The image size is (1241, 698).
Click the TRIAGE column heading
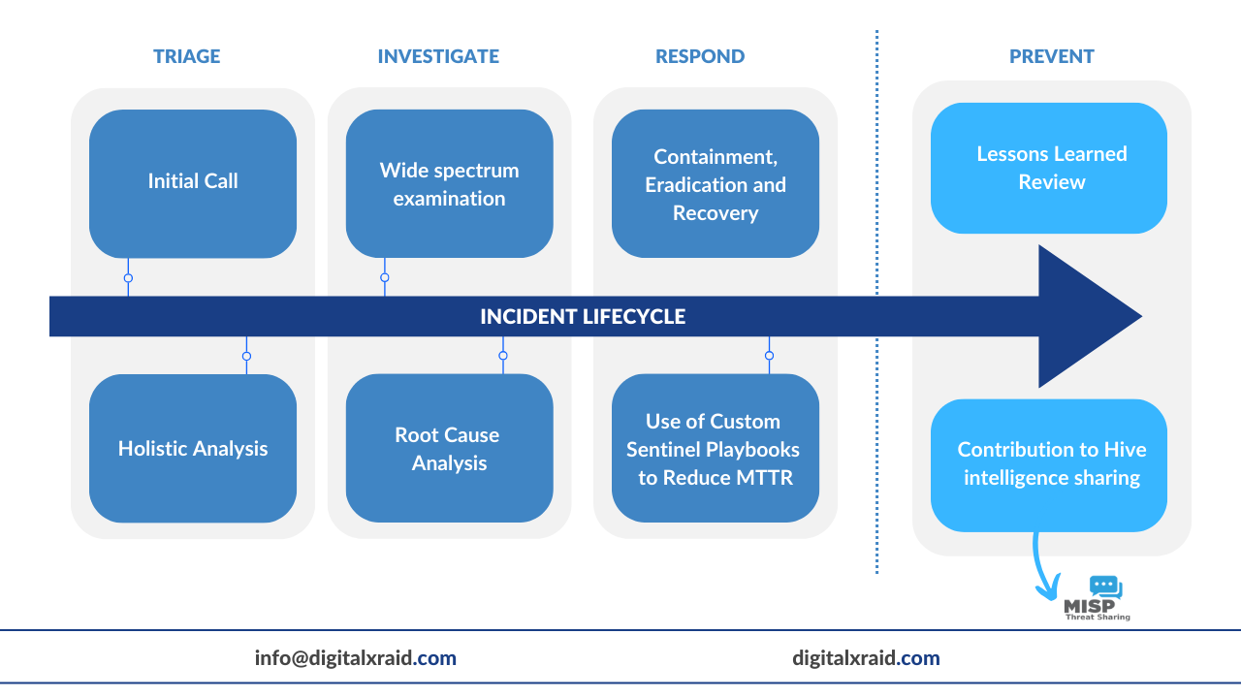[x=187, y=56]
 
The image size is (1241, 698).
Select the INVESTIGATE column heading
[x=438, y=56]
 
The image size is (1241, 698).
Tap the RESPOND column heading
[x=700, y=56]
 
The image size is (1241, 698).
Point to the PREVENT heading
[x=1052, y=56]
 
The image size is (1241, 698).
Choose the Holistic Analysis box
[x=193, y=448]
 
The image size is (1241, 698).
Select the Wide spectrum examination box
[x=449, y=183]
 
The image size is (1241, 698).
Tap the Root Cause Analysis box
[x=449, y=448]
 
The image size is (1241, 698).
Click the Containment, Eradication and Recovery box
[x=716, y=183]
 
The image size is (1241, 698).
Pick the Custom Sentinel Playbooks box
[x=716, y=448]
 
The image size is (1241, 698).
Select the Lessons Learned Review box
[x=1049, y=168]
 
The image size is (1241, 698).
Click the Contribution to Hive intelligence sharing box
[x=1049, y=464]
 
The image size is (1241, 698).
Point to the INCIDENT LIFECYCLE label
[x=583, y=317]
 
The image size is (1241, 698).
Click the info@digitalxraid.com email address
[x=356, y=658]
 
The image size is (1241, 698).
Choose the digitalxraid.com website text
[x=866, y=658]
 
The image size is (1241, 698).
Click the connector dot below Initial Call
[x=128, y=278]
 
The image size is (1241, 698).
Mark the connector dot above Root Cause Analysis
[x=503, y=356]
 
